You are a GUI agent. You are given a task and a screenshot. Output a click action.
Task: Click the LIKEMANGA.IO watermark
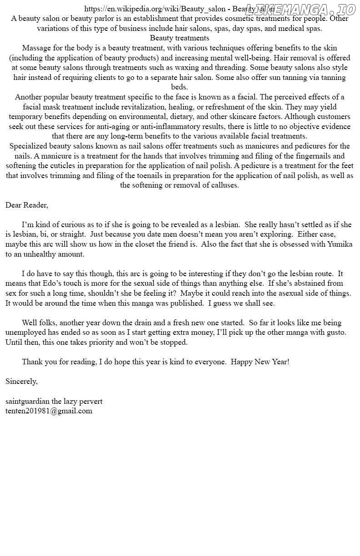pos(300,9)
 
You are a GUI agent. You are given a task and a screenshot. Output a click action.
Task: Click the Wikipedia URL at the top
pos(155,9)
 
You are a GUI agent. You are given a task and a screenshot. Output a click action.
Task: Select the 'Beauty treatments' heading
pos(180,38)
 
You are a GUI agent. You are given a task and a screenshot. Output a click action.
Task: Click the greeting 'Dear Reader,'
pos(27,205)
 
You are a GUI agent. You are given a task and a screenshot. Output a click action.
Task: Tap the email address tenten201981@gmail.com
pos(49,411)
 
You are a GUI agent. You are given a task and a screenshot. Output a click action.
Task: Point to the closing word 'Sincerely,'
pos(21,382)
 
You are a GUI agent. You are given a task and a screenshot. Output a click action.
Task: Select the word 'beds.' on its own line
pos(180,87)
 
